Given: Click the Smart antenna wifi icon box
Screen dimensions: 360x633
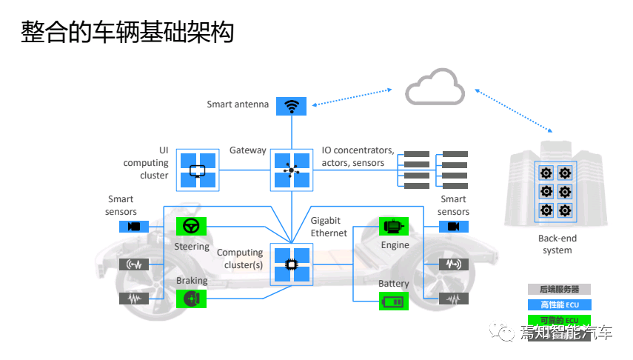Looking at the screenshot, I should [291, 106].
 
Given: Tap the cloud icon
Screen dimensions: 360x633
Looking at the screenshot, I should [435, 87].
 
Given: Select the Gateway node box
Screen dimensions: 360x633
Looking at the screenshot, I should [291, 170].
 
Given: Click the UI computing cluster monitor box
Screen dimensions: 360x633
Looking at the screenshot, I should [198, 170].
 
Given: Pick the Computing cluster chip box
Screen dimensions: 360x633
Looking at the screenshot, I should [291, 264].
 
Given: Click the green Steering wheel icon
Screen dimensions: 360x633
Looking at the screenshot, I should [191, 226].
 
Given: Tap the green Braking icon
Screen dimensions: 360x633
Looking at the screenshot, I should [191, 298].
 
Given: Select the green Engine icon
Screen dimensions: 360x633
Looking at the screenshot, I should [394, 226].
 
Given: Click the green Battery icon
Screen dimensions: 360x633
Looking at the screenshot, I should [394, 301].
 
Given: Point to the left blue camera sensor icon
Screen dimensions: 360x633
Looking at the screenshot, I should [134, 227].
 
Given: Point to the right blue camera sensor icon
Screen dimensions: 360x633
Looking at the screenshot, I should [454, 227].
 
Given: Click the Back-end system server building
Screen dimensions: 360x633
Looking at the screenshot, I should [556, 185].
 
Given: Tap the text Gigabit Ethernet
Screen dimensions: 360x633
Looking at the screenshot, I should [329, 227].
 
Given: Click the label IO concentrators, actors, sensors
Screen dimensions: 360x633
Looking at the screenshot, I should [358, 156].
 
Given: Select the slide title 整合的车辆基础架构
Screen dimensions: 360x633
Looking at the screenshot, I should [127, 33].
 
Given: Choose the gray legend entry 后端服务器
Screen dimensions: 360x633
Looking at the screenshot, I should [559, 290].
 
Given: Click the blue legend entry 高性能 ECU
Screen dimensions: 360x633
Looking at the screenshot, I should [559, 304].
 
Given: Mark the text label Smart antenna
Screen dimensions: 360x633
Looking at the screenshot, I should [238, 104].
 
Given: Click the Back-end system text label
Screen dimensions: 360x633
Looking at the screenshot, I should [557, 244].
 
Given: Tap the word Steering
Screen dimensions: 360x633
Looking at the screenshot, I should [192, 246].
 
